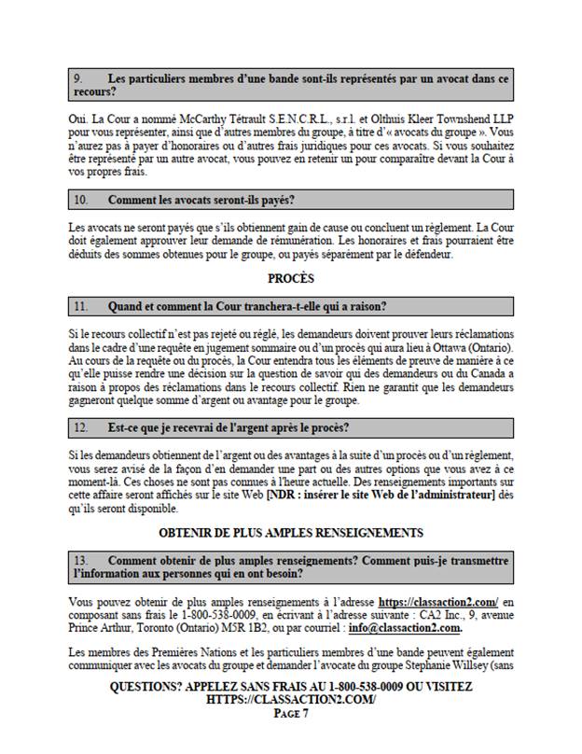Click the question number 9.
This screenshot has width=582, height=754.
pos(78,79)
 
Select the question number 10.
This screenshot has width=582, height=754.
pos(81,200)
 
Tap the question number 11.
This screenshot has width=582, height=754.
pos(81,306)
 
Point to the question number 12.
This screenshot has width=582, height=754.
pos(81,427)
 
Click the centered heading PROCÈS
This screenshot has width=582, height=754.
pos(290,278)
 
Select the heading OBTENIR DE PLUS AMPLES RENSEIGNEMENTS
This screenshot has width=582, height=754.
pos(291,533)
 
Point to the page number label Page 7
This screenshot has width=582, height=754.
pos(291,714)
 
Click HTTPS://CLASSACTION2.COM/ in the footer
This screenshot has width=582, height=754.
pos(291,700)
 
